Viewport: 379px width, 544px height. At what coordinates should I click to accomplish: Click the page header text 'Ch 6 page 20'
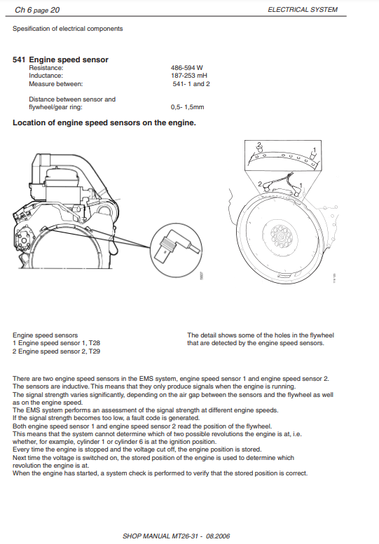click(37, 10)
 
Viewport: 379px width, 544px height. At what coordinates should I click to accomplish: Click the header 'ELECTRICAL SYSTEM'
click(303, 10)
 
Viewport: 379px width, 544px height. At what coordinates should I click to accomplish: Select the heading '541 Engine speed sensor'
click(60, 60)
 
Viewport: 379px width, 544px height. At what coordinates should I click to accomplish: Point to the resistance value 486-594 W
click(187, 68)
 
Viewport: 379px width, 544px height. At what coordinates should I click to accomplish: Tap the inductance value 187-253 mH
click(189, 76)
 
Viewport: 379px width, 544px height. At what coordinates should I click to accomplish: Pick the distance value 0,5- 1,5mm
click(188, 107)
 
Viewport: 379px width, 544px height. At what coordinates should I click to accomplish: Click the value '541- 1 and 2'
click(191, 84)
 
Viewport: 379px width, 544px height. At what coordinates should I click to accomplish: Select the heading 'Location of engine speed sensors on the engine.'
click(104, 123)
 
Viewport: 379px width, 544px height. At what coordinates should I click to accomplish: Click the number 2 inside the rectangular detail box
click(259, 145)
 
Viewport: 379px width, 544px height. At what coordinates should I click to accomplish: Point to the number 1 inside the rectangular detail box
click(315, 150)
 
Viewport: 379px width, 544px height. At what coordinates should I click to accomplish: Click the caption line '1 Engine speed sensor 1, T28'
click(56, 343)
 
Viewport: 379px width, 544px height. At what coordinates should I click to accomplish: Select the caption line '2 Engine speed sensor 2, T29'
click(56, 351)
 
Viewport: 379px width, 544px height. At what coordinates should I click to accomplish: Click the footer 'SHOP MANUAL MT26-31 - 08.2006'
click(177, 536)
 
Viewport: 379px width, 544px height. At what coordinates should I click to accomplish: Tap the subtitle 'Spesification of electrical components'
click(68, 29)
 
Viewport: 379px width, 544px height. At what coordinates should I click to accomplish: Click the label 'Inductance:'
click(46, 76)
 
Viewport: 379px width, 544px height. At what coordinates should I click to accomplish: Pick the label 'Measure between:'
click(56, 84)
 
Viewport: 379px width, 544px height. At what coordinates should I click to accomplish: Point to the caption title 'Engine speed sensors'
click(45, 335)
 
